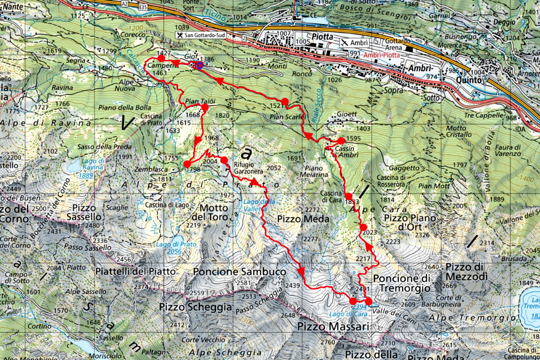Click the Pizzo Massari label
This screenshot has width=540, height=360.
point(332,326)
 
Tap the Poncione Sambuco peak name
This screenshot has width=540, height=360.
point(239,272)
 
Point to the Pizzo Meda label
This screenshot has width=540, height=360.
point(304,218)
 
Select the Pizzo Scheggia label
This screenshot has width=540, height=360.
point(196,307)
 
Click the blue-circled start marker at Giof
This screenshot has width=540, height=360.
point(199,65)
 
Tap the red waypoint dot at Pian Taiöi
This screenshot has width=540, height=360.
point(205,108)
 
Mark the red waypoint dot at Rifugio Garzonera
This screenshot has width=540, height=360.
point(224,160)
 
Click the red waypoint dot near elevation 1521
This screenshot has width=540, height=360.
point(285,101)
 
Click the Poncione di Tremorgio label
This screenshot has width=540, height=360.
point(402,283)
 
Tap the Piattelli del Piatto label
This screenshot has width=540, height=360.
point(136,271)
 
